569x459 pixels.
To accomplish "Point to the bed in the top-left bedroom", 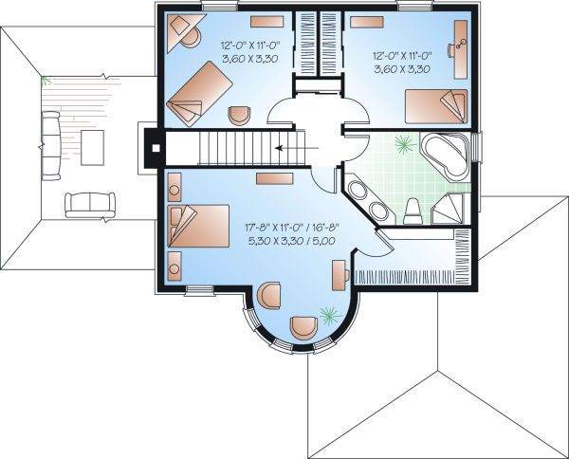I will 200,92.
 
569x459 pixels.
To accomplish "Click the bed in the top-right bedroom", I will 436,106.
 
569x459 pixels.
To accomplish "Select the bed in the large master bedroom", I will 197,229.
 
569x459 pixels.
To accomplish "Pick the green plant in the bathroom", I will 404,145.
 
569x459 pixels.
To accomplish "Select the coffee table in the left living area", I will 93,146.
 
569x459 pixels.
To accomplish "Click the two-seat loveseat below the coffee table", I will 88,202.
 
